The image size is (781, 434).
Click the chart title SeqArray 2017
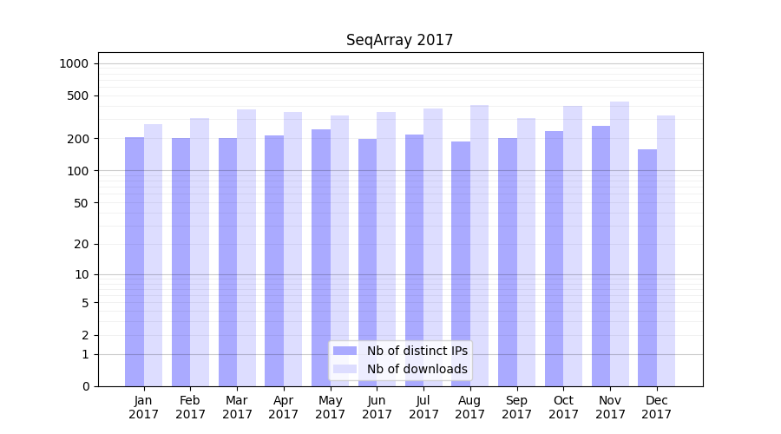tap(399, 40)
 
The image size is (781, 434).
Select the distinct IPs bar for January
tap(135, 260)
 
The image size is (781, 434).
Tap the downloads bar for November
tap(620, 243)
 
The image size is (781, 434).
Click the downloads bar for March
tap(246, 247)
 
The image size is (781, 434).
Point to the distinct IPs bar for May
tap(321, 257)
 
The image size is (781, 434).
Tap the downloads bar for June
tap(386, 248)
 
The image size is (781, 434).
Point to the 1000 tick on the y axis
tap(74, 63)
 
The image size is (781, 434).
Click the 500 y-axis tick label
tap(79, 95)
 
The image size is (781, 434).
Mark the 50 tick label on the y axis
tap(82, 203)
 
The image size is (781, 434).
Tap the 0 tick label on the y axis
tap(86, 386)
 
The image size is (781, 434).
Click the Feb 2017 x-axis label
tap(190, 407)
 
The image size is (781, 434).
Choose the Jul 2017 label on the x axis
tap(423, 407)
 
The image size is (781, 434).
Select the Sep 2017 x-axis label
tap(516, 407)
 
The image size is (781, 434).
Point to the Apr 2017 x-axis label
tap(284, 407)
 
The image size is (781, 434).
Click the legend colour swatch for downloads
tap(345, 369)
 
